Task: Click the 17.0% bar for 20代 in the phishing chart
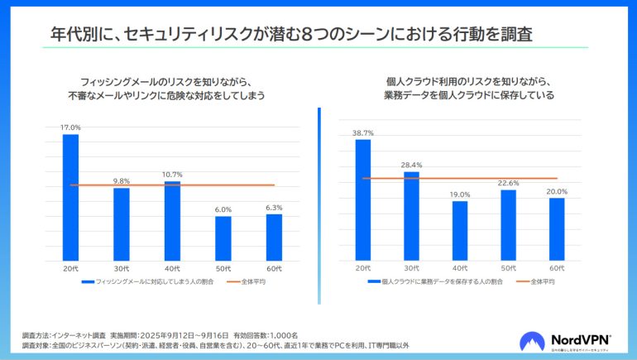[x=70, y=199]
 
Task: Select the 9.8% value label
[x=122, y=181]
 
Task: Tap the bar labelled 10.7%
[x=172, y=222]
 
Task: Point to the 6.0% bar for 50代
[x=223, y=239]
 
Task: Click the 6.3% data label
[x=274, y=208]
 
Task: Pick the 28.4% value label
[x=411, y=165]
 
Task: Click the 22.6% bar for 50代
[x=509, y=226]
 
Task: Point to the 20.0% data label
[x=557, y=191]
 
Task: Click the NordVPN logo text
[x=577, y=339]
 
